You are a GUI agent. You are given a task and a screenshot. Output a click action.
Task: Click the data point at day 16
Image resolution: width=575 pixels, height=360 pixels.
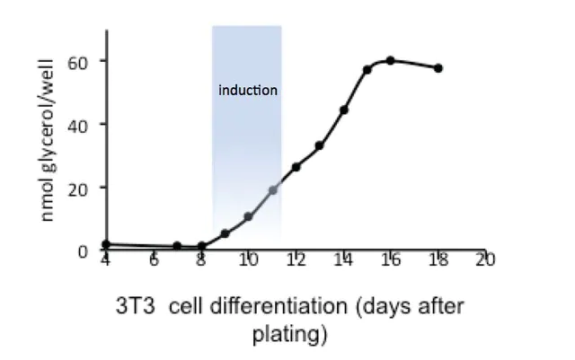[390, 61]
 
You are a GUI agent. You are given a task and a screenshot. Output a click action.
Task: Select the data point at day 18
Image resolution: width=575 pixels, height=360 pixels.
[438, 68]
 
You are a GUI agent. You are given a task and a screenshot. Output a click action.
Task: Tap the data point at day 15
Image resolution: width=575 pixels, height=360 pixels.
[367, 70]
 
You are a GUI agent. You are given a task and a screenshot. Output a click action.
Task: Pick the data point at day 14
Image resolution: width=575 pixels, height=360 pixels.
[344, 110]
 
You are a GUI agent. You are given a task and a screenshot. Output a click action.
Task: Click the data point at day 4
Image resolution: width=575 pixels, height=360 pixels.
[106, 244]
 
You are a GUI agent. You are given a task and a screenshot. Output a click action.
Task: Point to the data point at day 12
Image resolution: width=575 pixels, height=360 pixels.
[296, 167]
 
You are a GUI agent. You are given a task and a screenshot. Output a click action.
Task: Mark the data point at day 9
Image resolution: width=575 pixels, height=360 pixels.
[225, 233]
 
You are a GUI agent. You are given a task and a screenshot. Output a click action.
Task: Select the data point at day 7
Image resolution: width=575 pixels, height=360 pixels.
[178, 246]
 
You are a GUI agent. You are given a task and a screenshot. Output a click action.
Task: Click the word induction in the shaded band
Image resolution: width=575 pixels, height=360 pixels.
[249, 91]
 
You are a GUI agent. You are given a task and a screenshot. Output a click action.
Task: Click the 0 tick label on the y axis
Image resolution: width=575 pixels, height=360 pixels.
[83, 251]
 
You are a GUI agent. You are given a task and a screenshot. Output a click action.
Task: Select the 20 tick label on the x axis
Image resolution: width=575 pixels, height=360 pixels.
[486, 260]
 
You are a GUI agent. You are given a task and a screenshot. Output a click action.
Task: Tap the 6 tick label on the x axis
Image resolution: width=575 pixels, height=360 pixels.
[154, 260]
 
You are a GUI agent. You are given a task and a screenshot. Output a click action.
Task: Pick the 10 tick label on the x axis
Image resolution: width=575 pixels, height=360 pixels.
[248, 260]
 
